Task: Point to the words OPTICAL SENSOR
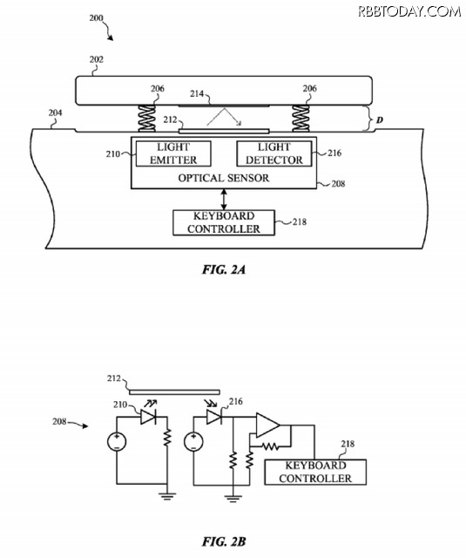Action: (x=224, y=178)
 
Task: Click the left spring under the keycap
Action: (x=146, y=119)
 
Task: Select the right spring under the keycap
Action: (x=301, y=119)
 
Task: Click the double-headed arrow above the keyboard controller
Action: (x=224, y=200)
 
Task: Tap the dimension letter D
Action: (x=380, y=120)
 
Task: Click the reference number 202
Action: (x=96, y=59)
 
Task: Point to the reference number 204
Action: (x=55, y=112)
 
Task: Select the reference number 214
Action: (x=197, y=93)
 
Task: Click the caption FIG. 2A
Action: (x=224, y=269)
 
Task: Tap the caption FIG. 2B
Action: (x=224, y=541)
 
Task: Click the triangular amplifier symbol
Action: (x=267, y=425)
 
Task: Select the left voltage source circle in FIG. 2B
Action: (x=117, y=442)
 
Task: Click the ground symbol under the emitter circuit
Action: (x=167, y=496)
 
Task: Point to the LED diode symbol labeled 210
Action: (x=148, y=417)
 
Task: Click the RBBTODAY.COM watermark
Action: (x=409, y=11)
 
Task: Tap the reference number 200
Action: (x=96, y=17)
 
